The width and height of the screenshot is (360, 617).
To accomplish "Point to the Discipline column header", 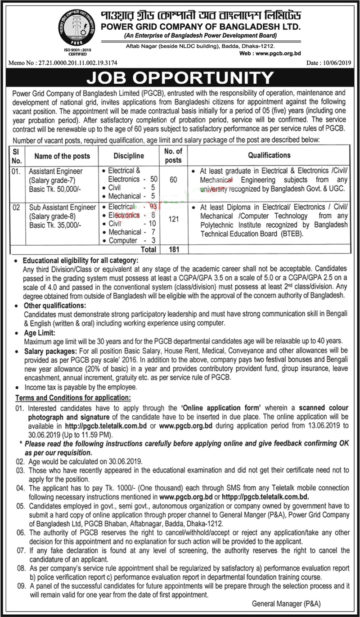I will (x=129, y=156).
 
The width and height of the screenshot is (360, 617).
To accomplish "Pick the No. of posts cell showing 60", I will (x=173, y=180).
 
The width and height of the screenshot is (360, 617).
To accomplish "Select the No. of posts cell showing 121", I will (x=173, y=223).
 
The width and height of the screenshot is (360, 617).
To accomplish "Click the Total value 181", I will (x=173, y=248).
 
